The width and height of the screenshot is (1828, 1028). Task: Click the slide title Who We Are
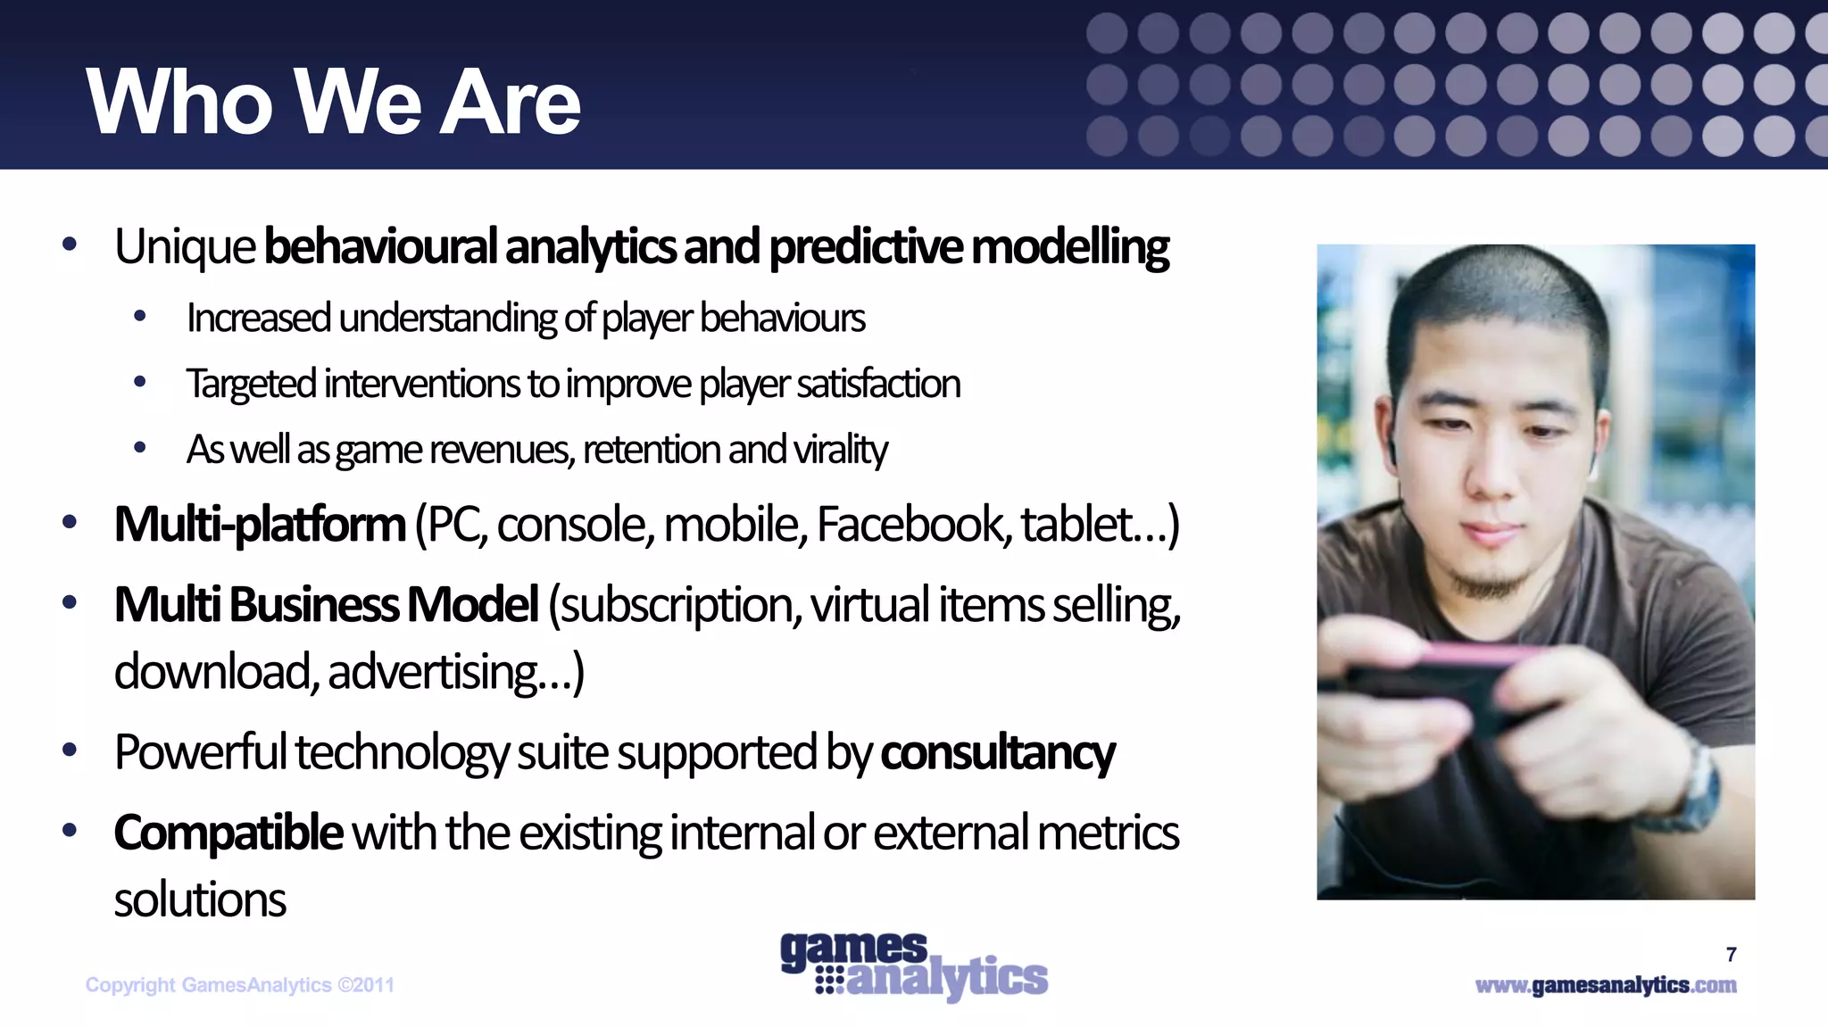click(333, 103)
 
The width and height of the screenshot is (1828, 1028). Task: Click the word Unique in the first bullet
click(185, 247)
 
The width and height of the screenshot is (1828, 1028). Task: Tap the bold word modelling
click(1069, 247)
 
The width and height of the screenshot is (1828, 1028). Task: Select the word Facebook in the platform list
click(913, 525)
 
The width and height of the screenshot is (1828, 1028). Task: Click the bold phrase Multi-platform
click(260, 525)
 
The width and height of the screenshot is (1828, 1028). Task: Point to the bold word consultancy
click(997, 752)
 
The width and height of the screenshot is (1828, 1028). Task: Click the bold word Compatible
click(228, 833)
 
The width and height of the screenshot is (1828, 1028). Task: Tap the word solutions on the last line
click(200, 899)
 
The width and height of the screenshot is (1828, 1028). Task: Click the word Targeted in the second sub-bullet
click(251, 385)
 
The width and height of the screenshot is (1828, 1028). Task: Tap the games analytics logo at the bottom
click(913, 966)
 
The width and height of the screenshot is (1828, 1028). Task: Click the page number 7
click(1731, 955)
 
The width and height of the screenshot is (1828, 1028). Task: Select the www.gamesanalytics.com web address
click(1605, 985)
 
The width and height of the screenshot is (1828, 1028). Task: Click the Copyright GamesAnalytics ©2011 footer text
click(239, 985)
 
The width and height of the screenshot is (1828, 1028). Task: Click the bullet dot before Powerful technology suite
click(70, 750)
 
